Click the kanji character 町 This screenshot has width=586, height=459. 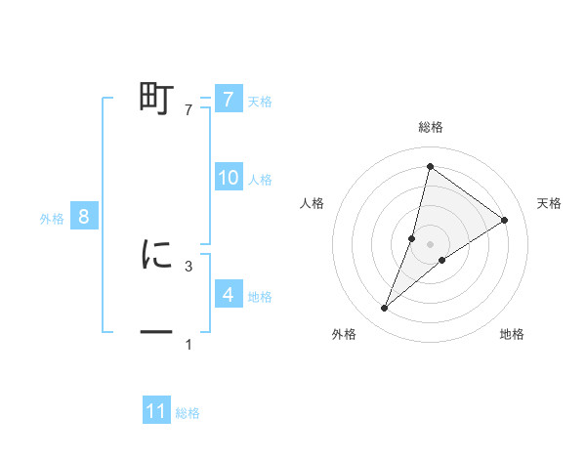tap(156, 99)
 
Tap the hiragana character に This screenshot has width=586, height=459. tap(156, 254)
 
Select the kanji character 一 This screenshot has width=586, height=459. tap(156, 333)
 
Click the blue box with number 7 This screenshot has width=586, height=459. tap(228, 99)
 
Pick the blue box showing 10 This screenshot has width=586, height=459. tap(228, 178)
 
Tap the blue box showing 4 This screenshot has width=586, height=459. tap(228, 294)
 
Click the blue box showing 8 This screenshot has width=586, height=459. tap(83, 217)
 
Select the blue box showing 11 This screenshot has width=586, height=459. tap(156, 411)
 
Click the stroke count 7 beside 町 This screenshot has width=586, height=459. tap(188, 111)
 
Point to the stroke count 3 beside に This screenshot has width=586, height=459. tap(188, 266)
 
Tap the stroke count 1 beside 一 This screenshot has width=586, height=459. tap(188, 345)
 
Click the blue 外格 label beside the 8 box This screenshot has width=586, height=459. tap(52, 219)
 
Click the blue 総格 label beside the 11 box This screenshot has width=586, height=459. tap(188, 413)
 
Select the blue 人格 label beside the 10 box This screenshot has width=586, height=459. tap(260, 180)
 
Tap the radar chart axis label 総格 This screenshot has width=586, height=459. tap(431, 128)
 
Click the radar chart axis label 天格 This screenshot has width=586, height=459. tap(550, 203)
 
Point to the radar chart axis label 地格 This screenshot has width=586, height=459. tap(512, 334)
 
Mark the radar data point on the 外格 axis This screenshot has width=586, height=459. tap(385, 309)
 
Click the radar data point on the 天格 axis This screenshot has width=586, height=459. tap(505, 220)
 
